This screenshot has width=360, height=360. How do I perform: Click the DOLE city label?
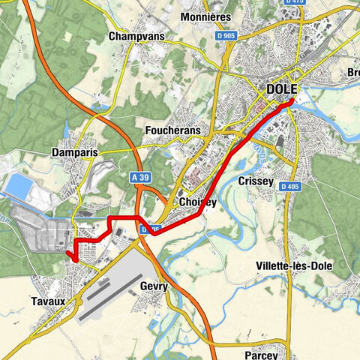tap(282, 90)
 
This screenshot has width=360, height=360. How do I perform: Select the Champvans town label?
tap(137, 36)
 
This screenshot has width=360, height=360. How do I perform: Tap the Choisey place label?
tap(199, 202)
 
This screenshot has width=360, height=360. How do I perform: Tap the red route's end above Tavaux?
tap(69, 256)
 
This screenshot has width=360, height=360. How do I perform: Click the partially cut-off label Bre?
tap(352, 73)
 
